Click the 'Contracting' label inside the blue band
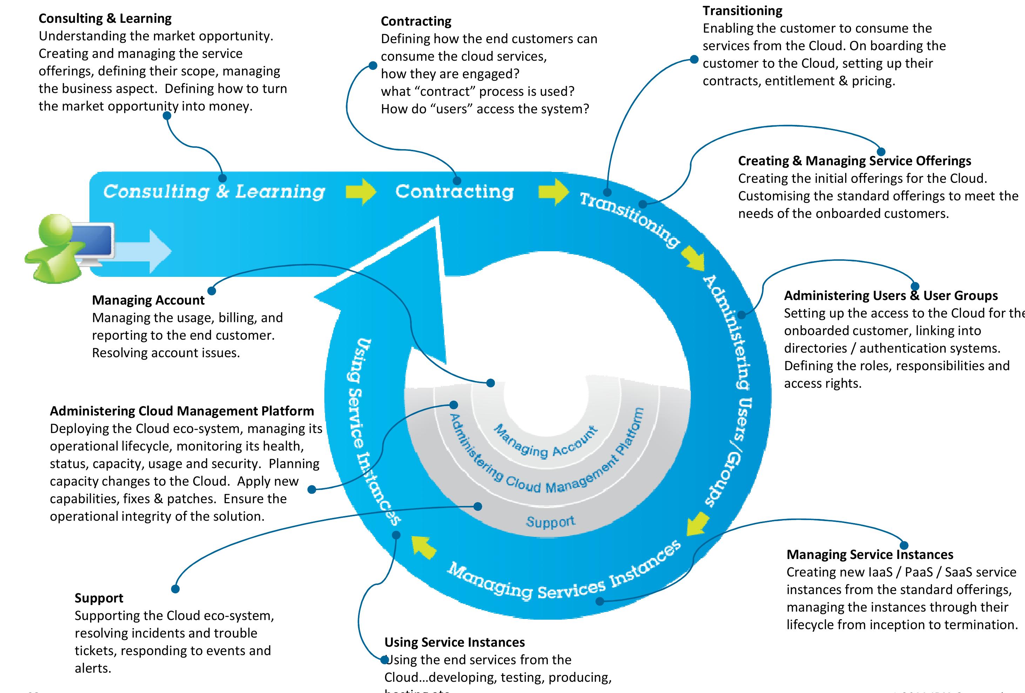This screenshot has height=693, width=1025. [454, 192]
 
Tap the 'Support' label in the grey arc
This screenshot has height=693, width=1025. [551, 521]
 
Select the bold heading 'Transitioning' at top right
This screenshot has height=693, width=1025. [742, 11]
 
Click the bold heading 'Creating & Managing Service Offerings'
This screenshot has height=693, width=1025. [854, 161]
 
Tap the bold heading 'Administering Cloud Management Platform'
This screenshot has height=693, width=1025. [182, 411]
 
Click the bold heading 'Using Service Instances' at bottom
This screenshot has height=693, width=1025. [454, 642]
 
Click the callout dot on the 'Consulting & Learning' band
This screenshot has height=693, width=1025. [222, 178]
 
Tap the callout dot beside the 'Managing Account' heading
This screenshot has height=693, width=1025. [212, 291]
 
